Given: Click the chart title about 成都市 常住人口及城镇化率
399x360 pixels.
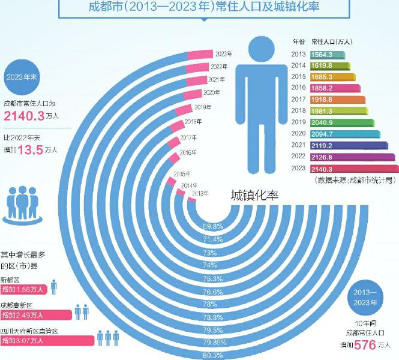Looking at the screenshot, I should [x=204, y=8].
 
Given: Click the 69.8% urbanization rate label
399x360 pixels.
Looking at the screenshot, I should [x=213, y=227].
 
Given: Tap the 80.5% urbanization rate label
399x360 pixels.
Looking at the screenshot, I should [x=213, y=355].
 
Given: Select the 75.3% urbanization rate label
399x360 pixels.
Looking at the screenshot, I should [x=213, y=278].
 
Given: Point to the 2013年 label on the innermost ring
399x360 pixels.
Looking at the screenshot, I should [x=200, y=193].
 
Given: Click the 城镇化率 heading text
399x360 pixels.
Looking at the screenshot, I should [x=254, y=196].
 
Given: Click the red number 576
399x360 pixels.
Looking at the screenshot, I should [x=365, y=344].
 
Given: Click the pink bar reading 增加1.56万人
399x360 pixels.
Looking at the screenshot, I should [x=24, y=290].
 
